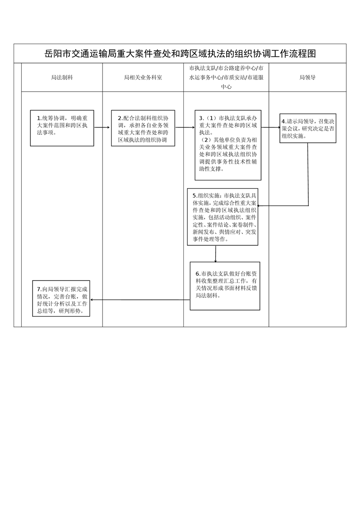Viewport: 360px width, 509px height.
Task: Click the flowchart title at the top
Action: click(x=180, y=54)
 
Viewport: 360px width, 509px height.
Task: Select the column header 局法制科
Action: click(x=62, y=78)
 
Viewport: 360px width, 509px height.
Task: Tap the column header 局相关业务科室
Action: click(x=143, y=78)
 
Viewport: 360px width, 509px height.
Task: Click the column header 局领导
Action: click(x=307, y=78)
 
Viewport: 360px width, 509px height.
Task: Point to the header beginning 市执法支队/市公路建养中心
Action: click(x=226, y=77)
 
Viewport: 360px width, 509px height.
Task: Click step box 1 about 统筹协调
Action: click(x=62, y=128)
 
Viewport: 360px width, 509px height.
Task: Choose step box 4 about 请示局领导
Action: click(x=307, y=128)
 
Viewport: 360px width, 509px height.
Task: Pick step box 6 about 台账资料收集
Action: click(x=225, y=286)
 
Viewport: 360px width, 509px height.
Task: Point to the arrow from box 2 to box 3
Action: click(x=184, y=128)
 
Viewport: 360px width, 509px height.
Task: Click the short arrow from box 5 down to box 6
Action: click(x=216, y=254)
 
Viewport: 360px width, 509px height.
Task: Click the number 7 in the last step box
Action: click(x=39, y=289)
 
